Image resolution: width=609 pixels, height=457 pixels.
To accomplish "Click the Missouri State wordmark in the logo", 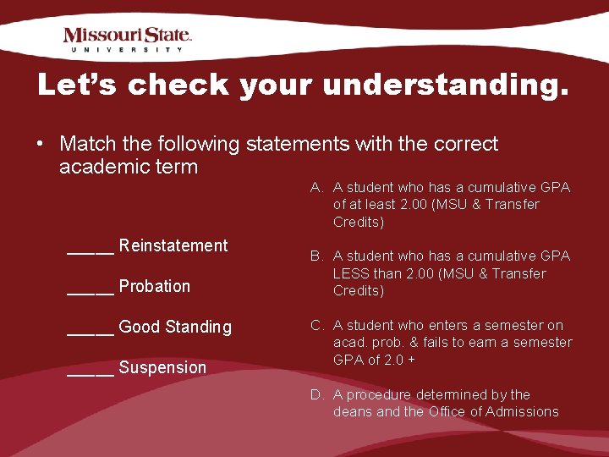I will pos(128,35).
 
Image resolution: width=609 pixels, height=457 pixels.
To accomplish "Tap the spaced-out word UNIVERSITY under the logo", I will pos(128,50).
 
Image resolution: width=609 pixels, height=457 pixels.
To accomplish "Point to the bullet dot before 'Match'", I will pos(40,145).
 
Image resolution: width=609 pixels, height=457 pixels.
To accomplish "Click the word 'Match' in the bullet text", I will pos(85,145).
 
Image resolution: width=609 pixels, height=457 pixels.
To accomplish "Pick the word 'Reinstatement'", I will pos(173,245).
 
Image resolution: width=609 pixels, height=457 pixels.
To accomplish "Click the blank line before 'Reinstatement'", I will pos(90,251).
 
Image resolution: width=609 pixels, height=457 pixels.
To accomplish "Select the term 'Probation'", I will pos(155,286).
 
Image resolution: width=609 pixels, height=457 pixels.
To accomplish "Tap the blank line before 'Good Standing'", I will pos(90,332).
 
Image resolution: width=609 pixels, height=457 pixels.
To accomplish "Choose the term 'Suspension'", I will pos(162,367).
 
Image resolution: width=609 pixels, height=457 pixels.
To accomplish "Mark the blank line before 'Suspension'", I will pos(90,372).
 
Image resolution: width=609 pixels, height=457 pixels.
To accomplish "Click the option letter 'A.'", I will pos(317,187).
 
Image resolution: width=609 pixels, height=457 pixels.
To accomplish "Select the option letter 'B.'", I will pos(317,256).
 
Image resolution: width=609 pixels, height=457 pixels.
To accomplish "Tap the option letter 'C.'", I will pos(317,325).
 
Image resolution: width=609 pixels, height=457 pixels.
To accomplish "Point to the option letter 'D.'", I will pos(317,394).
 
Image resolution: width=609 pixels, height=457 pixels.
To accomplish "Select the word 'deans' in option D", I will pos(353,412).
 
